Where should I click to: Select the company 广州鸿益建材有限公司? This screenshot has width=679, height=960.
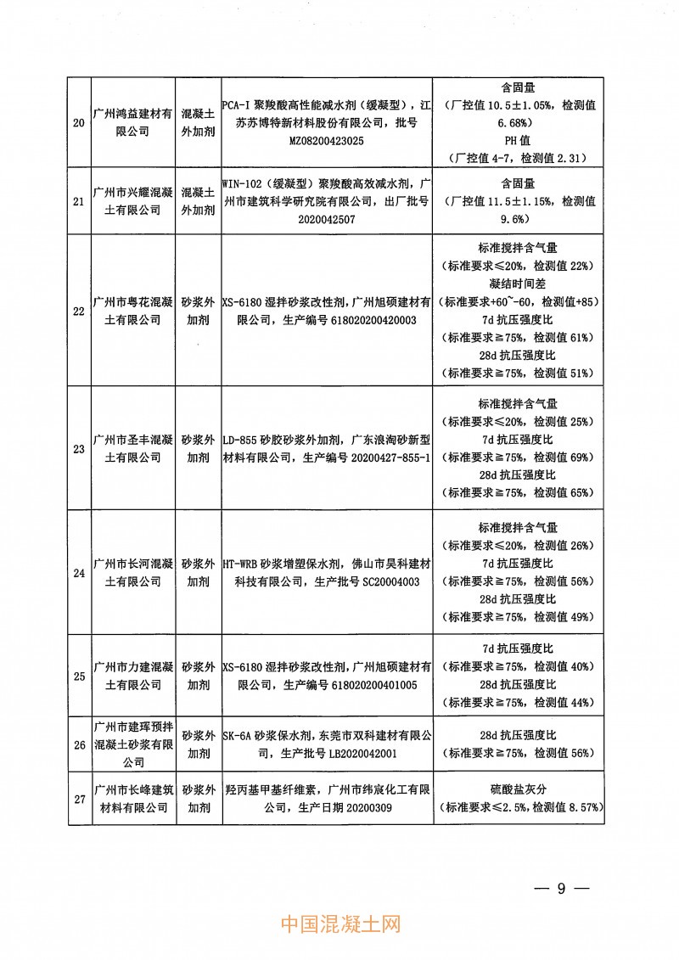click(132, 122)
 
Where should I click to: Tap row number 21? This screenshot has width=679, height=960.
click(79, 201)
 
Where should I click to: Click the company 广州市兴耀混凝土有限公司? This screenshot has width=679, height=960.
click(132, 201)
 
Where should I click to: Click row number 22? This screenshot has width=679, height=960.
click(79, 311)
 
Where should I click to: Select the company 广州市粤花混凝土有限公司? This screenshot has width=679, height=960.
click(132, 311)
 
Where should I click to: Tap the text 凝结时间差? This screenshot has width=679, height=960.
click(517, 283)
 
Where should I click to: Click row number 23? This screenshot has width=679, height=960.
click(79, 449)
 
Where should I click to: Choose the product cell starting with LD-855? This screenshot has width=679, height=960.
click(326, 449)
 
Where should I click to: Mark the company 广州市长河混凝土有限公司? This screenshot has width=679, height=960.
click(132, 571)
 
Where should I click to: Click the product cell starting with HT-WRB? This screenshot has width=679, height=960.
click(326, 571)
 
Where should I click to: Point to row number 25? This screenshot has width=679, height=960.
click(79, 676)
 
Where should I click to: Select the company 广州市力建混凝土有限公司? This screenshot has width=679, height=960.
click(132, 676)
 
